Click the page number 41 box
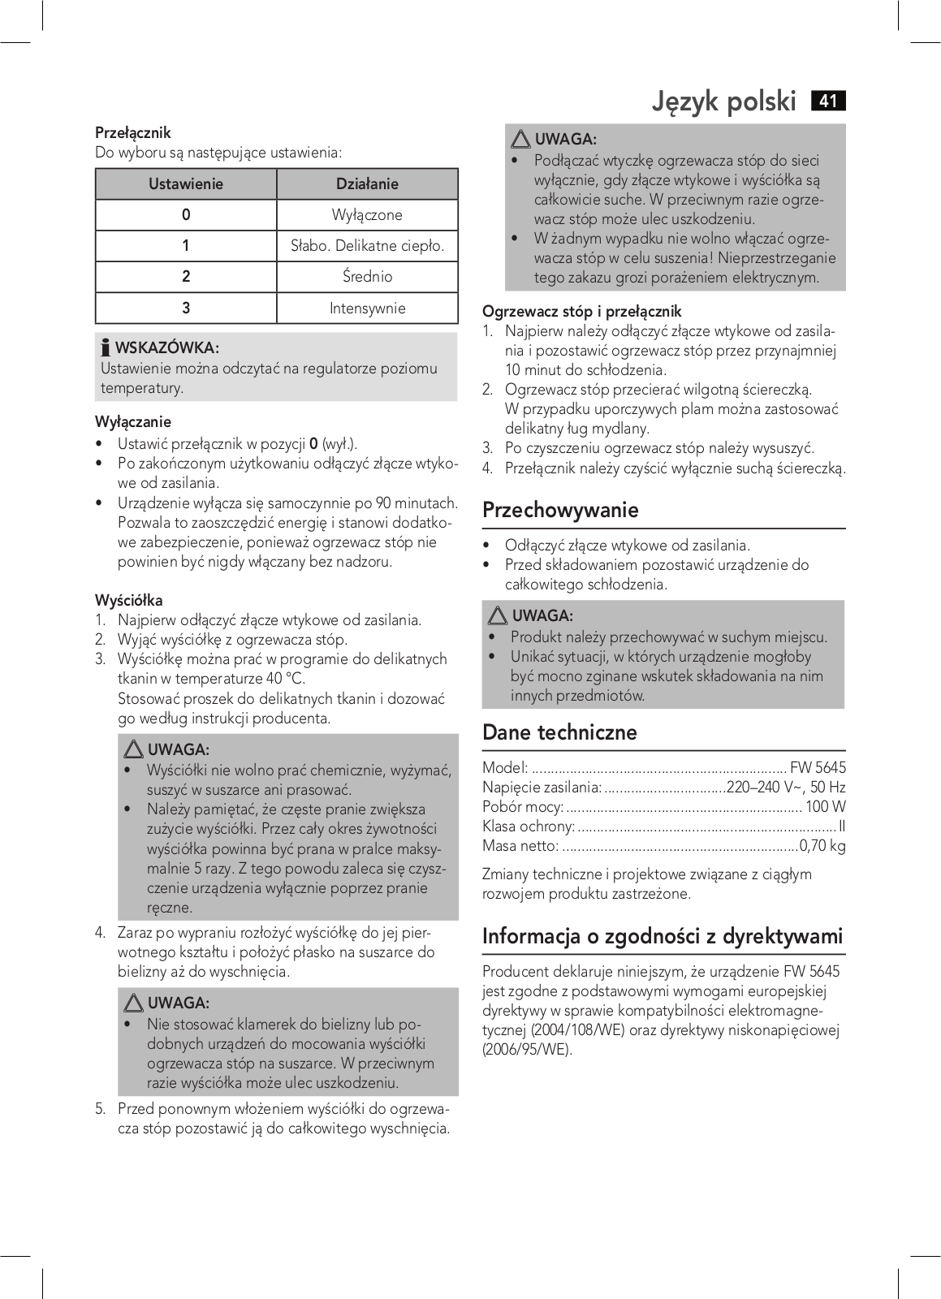828,101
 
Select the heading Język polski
724,102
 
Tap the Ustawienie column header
186,184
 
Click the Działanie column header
367,184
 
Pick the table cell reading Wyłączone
367,215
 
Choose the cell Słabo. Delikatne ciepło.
367,246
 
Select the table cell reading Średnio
367,277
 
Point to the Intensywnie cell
367,309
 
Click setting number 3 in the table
186,309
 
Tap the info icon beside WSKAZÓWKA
106,348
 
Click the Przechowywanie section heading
560,511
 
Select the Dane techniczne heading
559,732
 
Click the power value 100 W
826,807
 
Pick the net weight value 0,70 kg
822,846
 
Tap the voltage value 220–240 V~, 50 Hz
786,788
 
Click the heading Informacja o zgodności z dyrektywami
663,936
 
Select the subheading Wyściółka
128,601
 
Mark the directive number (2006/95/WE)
528,1050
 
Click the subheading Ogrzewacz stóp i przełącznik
581,312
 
